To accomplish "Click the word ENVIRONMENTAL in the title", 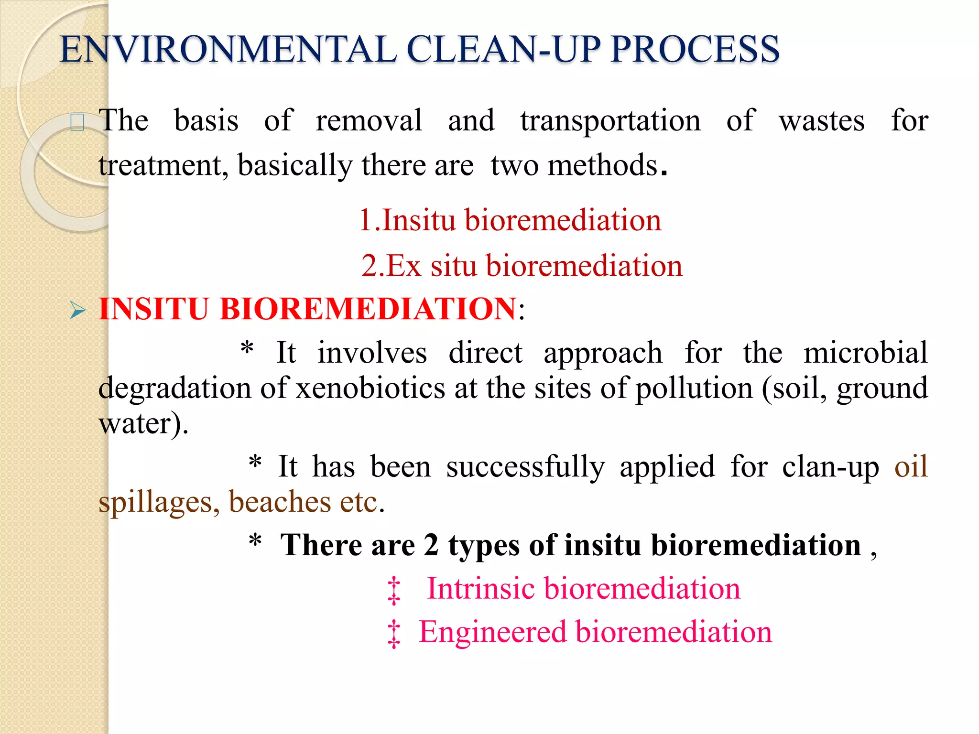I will (228, 50).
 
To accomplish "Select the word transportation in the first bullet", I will (610, 120).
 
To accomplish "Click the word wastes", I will (822, 120).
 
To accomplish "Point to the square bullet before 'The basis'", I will (77, 122).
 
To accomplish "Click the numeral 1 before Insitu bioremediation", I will (366, 220).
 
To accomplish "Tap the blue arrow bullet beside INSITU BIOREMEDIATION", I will (77, 310).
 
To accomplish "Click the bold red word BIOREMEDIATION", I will (368, 309).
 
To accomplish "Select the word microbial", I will (865, 353).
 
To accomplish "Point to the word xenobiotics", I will (370, 388).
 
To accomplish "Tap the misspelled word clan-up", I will (830, 466).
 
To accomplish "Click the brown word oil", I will (911, 466).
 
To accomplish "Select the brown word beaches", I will (280, 502).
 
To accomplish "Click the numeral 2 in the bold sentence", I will (431, 545).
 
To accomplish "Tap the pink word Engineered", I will (493, 632).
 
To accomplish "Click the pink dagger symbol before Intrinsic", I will (393, 591).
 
